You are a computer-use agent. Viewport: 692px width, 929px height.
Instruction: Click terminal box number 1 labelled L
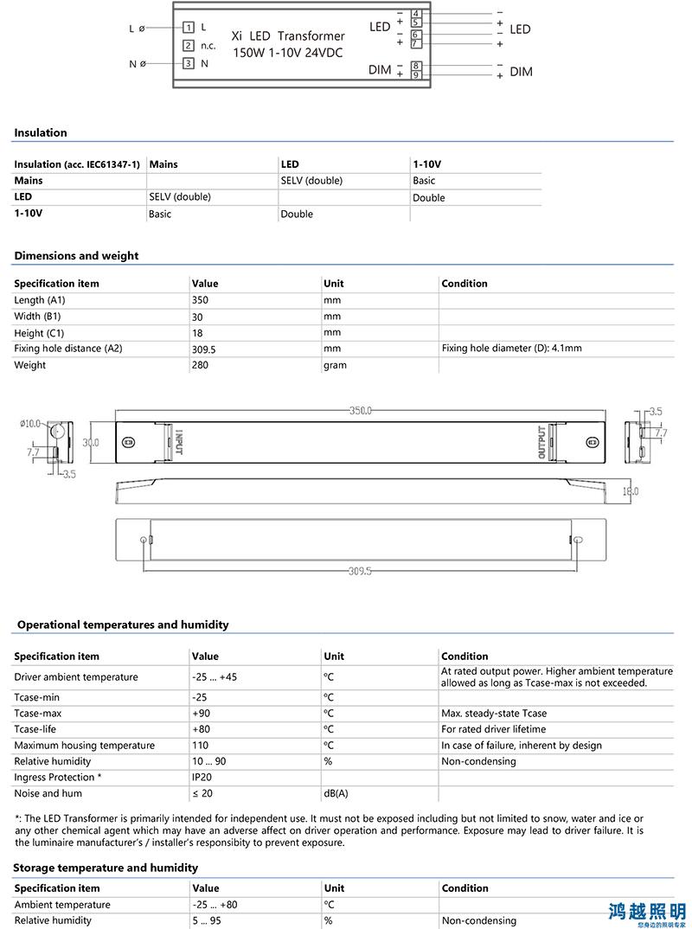(189, 28)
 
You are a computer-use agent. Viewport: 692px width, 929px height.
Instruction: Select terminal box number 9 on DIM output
(416, 76)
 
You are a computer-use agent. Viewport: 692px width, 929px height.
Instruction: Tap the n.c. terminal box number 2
(189, 46)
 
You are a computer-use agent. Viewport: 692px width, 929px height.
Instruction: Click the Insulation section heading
(41, 132)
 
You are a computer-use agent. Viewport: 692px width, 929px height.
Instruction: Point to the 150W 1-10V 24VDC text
(288, 53)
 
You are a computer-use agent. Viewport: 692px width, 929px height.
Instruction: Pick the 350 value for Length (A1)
(201, 300)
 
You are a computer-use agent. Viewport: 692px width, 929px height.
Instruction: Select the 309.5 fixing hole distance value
(204, 349)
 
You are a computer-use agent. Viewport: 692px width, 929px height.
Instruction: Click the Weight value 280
(201, 365)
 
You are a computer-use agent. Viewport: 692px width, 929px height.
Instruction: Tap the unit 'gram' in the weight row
(335, 365)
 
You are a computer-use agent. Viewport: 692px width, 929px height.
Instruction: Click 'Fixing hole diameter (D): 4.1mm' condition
(511, 349)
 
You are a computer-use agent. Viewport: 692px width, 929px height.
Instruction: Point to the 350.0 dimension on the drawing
(361, 411)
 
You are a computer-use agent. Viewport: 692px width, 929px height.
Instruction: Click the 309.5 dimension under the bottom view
(360, 571)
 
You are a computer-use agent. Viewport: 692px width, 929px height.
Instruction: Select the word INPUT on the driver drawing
(180, 441)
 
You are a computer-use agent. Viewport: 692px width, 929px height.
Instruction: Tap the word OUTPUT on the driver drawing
(542, 442)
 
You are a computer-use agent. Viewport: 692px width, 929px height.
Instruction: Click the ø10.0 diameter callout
(30, 424)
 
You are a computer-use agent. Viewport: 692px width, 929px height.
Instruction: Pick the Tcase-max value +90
(201, 714)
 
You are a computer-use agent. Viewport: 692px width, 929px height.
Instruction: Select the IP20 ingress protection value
(202, 778)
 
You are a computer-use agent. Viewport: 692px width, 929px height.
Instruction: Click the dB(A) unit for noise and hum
(336, 793)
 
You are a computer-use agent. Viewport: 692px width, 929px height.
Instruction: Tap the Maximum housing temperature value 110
(200, 746)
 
